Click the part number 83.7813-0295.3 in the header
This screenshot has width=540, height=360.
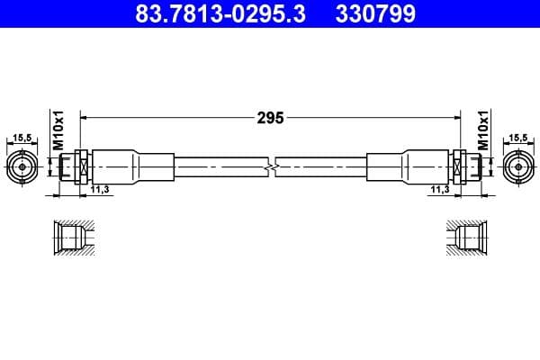pos(220,13)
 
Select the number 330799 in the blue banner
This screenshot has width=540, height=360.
pos(375,13)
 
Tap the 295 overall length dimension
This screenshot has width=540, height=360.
pos(270,118)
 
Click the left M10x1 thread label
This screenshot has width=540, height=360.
pos(58,130)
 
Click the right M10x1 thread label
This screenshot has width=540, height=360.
pos(483,130)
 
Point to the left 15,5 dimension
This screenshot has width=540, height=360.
pos(22,138)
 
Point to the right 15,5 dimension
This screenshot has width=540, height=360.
pos(518,138)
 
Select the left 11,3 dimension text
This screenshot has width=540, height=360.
pos(100,189)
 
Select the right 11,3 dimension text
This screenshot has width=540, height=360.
pos(440,189)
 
